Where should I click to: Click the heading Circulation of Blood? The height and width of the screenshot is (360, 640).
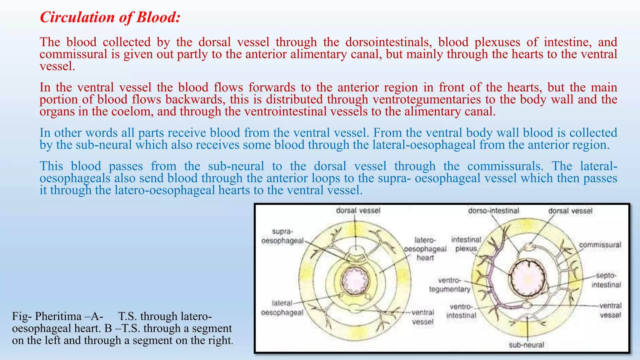tap(110, 17)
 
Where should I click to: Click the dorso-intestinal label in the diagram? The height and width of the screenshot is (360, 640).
tap(493, 211)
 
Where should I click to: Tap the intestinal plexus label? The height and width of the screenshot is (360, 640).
tap(466, 244)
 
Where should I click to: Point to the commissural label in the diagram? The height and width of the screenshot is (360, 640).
tap(600, 245)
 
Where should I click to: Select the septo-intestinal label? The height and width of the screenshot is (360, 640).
tap(606, 280)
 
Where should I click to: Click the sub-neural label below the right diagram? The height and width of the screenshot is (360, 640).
tap(527, 345)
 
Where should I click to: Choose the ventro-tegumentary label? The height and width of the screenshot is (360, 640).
tap(449, 285)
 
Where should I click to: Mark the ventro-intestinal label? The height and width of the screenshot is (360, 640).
tap(461, 311)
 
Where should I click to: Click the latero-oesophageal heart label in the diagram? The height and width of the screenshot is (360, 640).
tap(425, 249)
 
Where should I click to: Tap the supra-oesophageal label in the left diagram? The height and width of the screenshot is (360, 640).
tap(282, 236)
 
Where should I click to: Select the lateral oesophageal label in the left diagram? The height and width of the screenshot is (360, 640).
tap(282, 308)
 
